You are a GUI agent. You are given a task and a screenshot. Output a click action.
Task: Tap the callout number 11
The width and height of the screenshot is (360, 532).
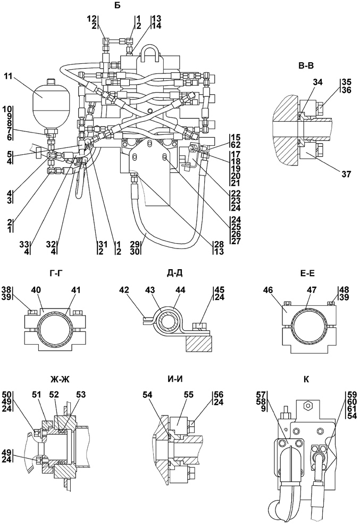point(8,77)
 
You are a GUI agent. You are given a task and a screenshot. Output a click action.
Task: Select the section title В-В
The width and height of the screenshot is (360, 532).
point(306,67)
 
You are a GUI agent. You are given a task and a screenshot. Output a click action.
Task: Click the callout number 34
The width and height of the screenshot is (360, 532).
point(318,82)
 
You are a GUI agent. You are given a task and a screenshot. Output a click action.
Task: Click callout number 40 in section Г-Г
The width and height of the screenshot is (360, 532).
point(37,290)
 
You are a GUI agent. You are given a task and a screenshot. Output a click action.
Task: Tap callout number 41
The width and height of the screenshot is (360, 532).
point(76,290)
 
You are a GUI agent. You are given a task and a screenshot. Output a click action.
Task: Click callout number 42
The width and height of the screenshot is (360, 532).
point(124,290)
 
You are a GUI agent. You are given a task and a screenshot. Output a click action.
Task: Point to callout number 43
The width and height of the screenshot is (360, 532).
point(150,290)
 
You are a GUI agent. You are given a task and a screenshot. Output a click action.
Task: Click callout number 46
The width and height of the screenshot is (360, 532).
point(269,290)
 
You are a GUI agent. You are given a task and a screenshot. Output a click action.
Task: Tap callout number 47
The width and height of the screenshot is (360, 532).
point(312,290)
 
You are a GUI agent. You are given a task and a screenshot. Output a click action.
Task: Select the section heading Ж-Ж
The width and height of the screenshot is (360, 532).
point(60,379)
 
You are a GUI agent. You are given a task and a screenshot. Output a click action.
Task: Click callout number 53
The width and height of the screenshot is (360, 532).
point(81,395)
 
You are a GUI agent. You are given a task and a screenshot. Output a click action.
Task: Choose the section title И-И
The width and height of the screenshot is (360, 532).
point(175,379)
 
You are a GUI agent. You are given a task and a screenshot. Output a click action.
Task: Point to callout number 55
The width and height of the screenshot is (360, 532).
point(188,395)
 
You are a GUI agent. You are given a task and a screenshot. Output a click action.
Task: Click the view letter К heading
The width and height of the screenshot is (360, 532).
point(306,379)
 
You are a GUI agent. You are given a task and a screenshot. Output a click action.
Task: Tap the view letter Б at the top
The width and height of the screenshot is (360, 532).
point(118,6)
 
